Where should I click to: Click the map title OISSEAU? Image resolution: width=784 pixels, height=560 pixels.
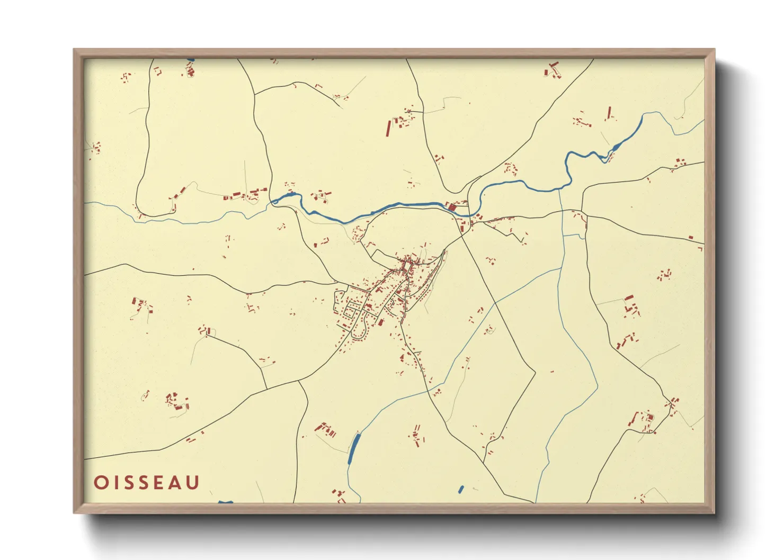[x=147, y=482]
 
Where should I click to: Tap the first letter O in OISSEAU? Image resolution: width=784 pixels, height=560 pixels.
[x=100, y=482]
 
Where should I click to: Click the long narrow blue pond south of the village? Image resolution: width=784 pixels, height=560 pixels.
[x=353, y=448]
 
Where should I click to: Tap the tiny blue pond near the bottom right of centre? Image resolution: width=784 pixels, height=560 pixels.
[x=460, y=490]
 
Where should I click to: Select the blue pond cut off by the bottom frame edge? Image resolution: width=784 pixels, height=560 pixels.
[x=226, y=501]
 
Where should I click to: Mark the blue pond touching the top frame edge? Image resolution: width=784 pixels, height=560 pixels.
[x=190, y=60]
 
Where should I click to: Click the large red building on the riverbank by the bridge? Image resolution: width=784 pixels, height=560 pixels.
[x=452, y=207]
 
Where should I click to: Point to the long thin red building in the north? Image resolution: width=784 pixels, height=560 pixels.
[x=388, y=129]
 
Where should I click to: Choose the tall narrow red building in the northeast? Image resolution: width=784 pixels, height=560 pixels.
[x=609, y=112]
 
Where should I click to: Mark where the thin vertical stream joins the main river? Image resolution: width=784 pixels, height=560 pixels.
[x=559, y=188]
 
